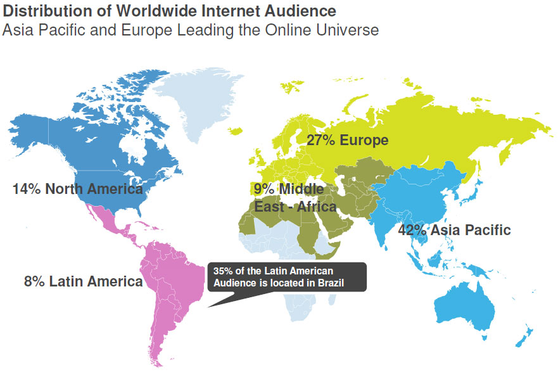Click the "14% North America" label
(x=77, y=189)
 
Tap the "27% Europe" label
(x=347, y=140)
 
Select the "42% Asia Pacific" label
(x=453, y=229)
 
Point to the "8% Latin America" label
(x=83, y=281)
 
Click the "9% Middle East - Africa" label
(x=295, y=198)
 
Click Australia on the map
(x=465, y=304)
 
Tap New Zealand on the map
(x=524, y=336)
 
